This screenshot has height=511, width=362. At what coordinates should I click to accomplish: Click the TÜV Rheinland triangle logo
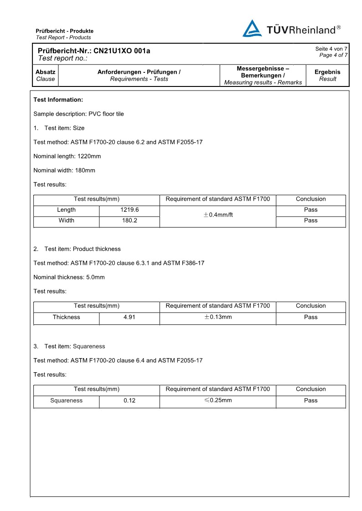252,29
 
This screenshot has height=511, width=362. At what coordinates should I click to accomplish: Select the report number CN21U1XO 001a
122,51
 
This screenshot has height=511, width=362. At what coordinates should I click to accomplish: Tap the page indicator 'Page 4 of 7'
333,55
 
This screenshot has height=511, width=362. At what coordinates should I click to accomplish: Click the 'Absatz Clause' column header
46,76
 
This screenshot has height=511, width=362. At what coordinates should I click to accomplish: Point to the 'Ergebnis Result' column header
327,76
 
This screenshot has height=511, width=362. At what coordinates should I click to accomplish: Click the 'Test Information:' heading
58,100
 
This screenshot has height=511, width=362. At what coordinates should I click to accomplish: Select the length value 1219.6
129,210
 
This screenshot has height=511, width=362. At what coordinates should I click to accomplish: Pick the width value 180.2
129,221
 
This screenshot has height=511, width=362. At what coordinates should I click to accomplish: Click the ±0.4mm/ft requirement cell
218,215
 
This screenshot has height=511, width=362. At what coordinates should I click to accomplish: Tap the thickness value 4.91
129,317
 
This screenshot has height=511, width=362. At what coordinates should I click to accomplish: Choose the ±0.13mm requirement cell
218,317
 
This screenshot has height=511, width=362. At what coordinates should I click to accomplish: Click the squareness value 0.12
129,400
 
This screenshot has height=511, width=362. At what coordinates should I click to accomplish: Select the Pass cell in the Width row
310,221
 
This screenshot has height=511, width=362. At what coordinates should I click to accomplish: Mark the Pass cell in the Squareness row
310,400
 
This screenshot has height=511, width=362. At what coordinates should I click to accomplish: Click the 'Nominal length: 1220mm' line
67,156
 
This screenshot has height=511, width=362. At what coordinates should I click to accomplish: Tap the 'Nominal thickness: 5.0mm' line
69,277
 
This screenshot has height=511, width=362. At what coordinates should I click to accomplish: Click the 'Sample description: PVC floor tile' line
79,114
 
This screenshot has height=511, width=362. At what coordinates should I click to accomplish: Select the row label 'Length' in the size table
67,210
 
